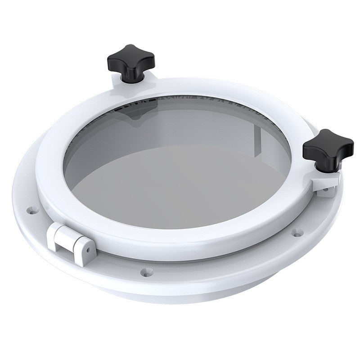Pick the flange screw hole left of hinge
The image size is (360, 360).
click(x=32, y=210)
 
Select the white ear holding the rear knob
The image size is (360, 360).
click(x=121, y=83)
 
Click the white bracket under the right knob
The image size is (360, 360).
click(x=325, y=182)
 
